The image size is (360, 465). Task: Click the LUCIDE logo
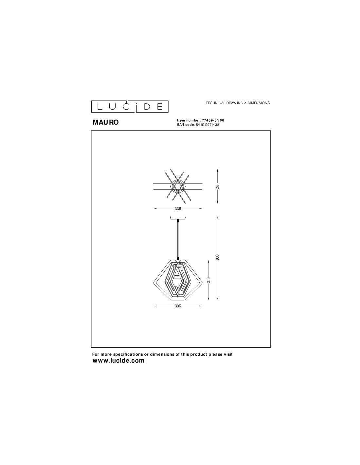[130, 106]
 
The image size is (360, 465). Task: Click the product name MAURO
[106, 122]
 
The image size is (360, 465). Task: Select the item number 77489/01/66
[213, 120]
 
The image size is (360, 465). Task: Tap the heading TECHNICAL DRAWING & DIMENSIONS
[238, 103]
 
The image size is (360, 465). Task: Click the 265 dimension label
[218, 186]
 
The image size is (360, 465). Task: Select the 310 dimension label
[209, 280]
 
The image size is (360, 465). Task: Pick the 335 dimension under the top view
[178, 209]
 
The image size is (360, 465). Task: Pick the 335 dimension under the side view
[178, 306]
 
